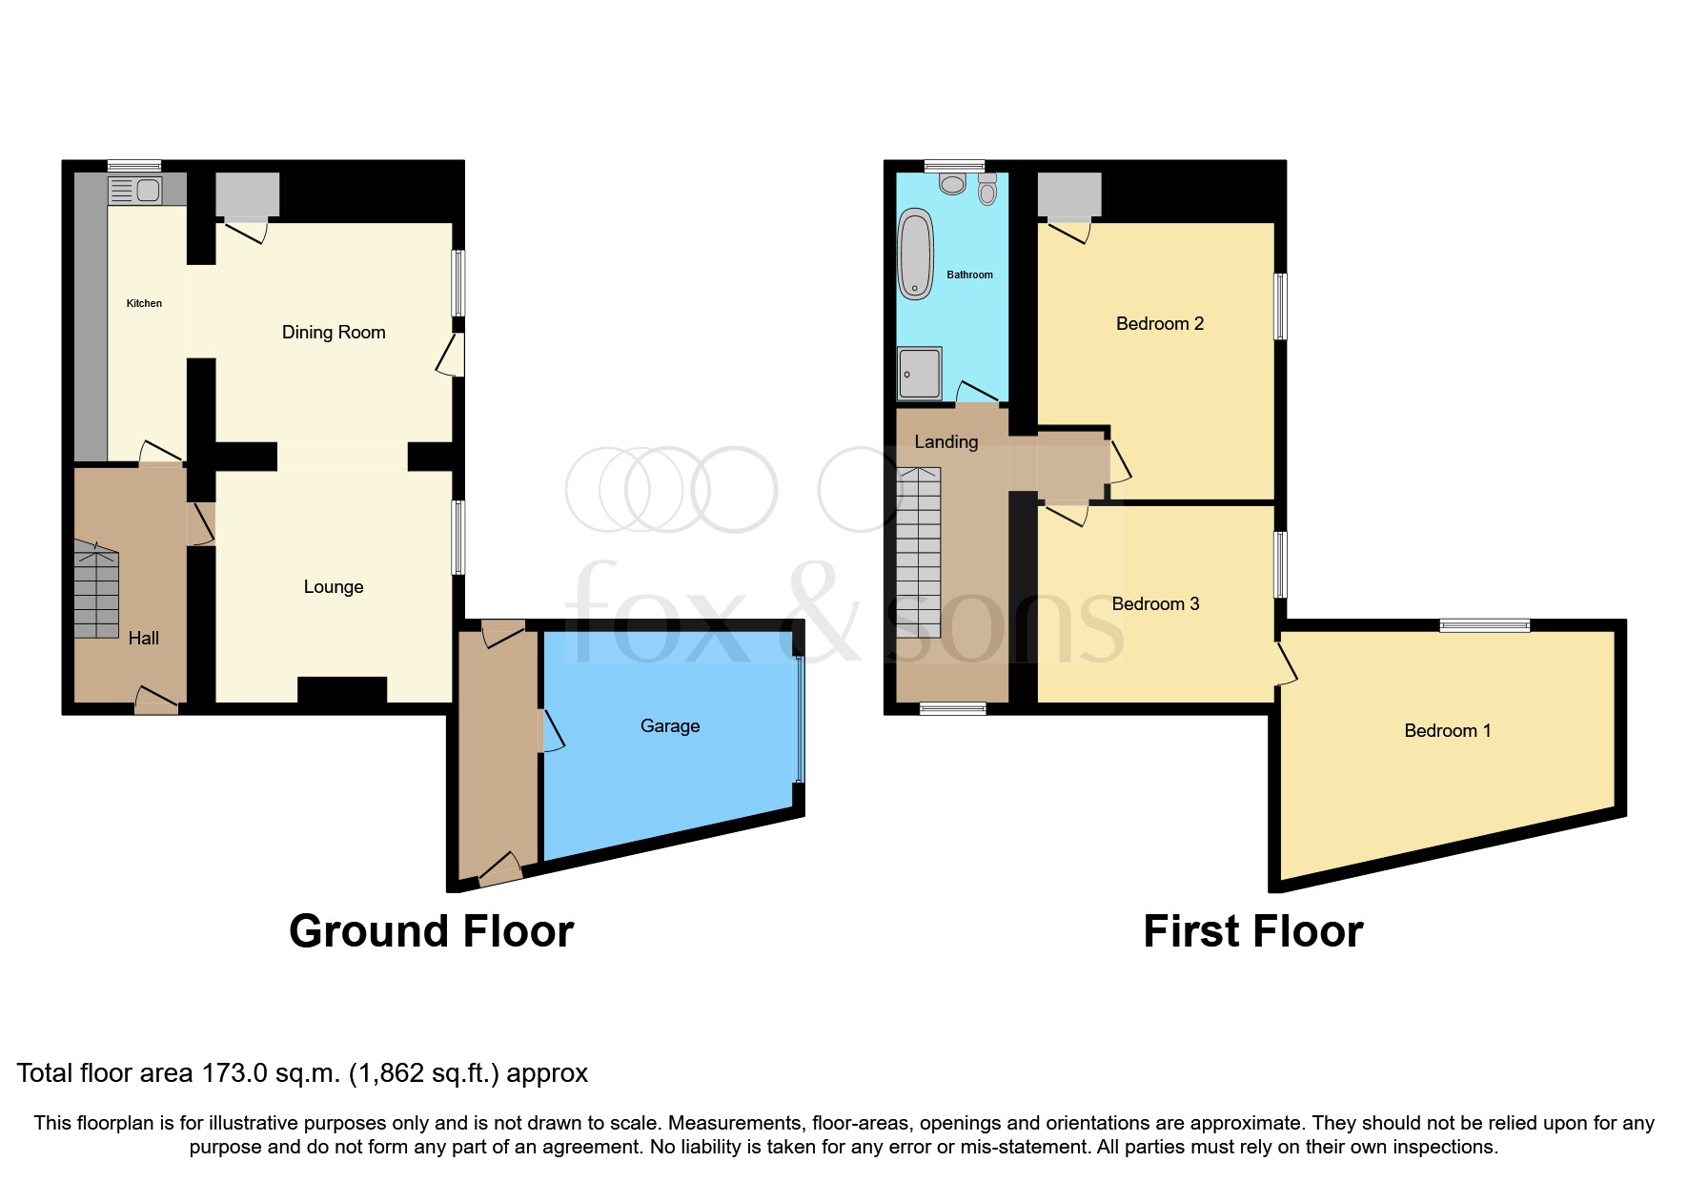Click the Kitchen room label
144,303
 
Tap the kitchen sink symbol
135,191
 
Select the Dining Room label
334,332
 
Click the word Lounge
334,586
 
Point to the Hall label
144,638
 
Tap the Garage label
670,725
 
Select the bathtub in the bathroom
916,255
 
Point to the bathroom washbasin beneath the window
952,182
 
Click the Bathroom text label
969,275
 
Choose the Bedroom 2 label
1159,323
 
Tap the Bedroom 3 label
1155,603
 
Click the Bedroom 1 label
1447,730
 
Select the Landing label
946,441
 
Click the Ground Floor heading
431,931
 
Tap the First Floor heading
1252,931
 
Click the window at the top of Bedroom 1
1484,625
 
